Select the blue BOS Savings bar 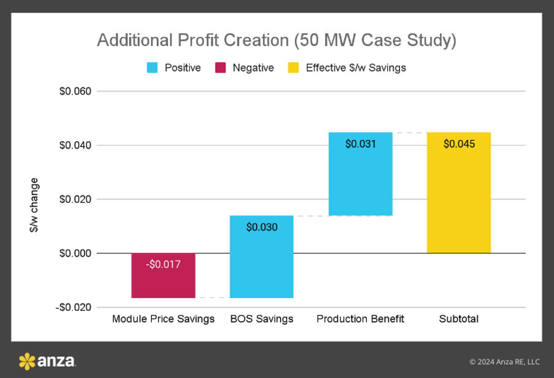pos(262,257)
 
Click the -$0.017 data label pos(163,265)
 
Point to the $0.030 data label pos(262,227)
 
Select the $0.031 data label pos(361,144)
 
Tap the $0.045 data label pos(459,144)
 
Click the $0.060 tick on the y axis pos(75,91)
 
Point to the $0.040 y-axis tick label pos(75,145)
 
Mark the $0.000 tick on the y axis pos(75,254)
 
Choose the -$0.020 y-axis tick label pos(73,308)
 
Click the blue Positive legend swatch pos(152,68)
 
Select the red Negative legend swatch pos(220,68)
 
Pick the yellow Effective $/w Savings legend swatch pos(294,68)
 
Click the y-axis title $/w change pos(34,205)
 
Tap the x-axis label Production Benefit pos(361,319)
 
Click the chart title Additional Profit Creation pos(276,40)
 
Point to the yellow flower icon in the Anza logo pos(27,361)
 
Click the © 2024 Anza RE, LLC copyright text pos(504,362)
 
